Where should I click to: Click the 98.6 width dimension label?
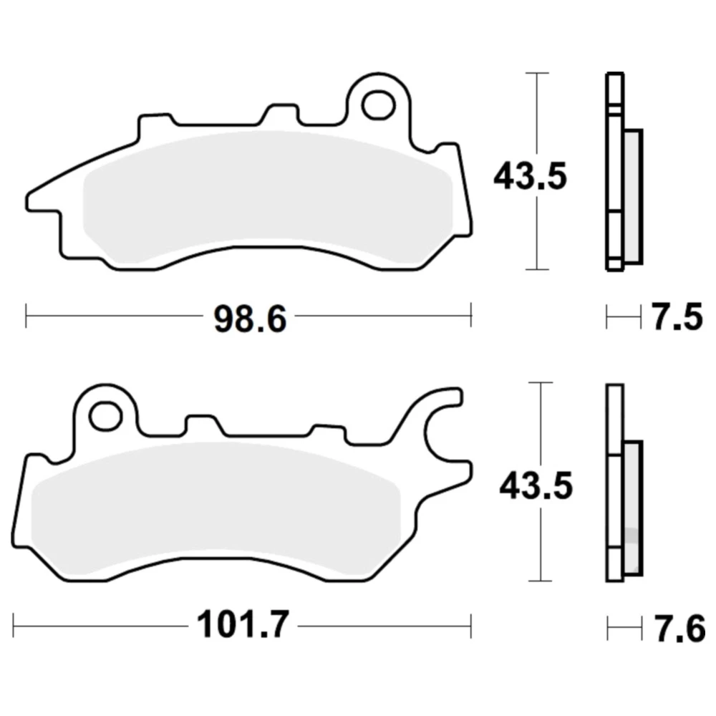[250, 319]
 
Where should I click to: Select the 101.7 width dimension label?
[243, 624]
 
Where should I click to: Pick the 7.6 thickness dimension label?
[679, 629]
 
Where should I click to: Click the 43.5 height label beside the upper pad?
[530, 176]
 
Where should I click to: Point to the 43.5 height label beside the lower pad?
[536, 485]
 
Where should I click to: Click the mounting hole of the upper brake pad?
[379, 105]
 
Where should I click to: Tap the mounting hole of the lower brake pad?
[106, 415]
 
